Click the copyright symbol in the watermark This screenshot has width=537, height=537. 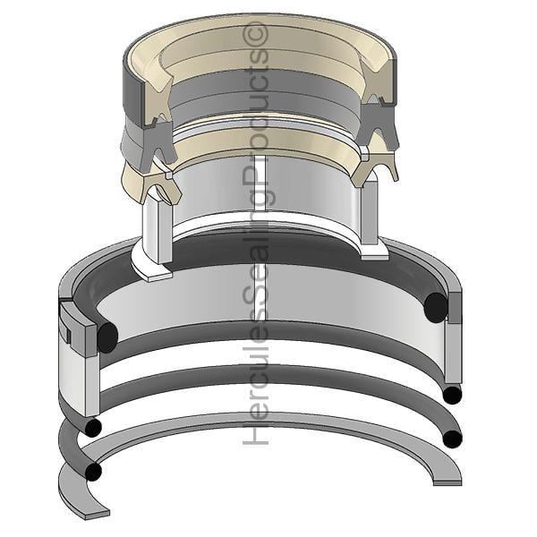point(256,33)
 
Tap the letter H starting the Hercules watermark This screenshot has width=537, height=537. point(255,432)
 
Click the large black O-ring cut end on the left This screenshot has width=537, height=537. point(107,337)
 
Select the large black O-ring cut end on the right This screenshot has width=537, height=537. point(435,307)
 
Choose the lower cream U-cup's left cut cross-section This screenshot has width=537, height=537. point(161,187)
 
